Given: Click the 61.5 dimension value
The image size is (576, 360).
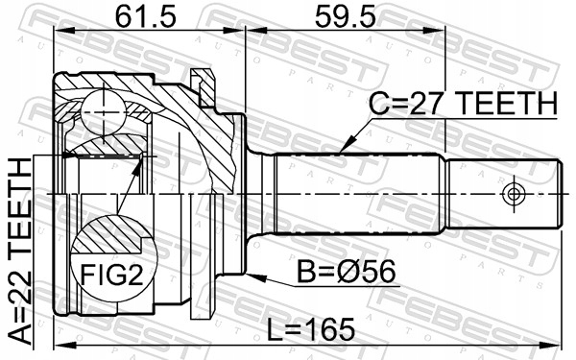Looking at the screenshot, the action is point(146,17).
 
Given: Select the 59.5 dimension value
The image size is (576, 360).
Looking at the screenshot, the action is point(346,17).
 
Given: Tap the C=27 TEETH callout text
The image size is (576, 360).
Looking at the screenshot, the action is point(463,104).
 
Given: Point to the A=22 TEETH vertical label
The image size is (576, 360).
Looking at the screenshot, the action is point(20,252).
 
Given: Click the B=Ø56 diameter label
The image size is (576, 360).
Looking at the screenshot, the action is point(346,272).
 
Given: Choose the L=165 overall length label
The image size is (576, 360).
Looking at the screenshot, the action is point(310,329).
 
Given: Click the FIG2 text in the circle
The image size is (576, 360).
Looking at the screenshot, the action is point(111,275).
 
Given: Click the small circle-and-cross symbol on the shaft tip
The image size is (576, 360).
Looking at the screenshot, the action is point(514,193).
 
